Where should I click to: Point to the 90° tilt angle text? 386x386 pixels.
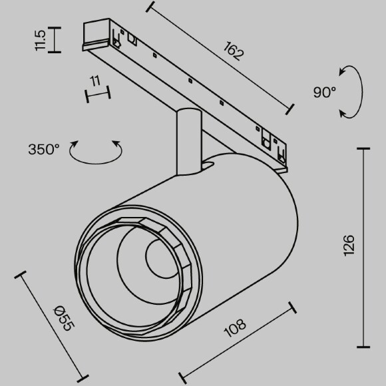coord(325,93)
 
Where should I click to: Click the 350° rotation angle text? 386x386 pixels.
coord(45,150)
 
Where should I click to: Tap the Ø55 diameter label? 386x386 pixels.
coord(63,316)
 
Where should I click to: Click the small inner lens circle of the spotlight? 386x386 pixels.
coord(158,260)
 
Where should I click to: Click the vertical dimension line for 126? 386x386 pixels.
coord(364,248)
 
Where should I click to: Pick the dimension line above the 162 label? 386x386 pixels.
coord(220,57)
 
